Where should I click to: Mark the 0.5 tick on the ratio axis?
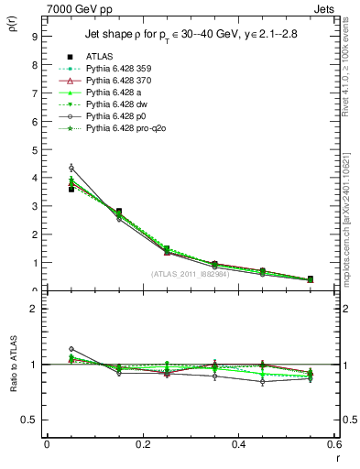coord(29,420)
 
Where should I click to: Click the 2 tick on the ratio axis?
coord(33,309)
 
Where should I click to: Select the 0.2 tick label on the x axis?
coord(142,443)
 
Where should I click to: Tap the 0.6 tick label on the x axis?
coord(334,443)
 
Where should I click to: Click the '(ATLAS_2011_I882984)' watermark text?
coord(191,274)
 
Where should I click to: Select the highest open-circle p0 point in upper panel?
coord(71,168)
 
